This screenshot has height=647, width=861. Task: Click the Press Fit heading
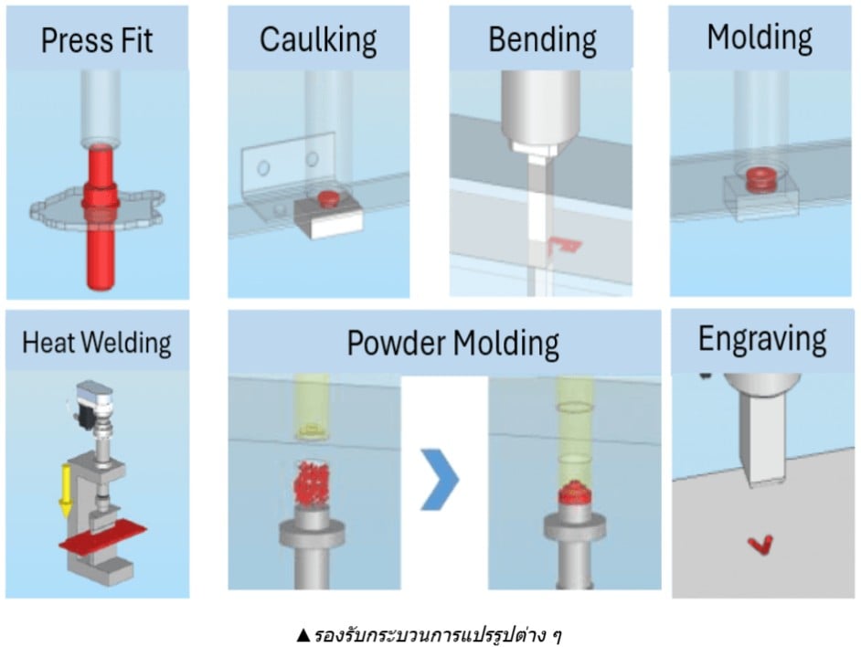pos(97,40)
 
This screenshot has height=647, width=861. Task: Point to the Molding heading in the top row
pos(760,37)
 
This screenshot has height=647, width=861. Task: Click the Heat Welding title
pos(97,343)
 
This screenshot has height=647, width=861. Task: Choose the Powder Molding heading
pos(452,343)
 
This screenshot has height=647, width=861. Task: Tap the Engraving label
pos(762,339)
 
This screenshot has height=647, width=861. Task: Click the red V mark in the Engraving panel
pos(760,545)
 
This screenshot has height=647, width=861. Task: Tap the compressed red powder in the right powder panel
pos(573,494)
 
